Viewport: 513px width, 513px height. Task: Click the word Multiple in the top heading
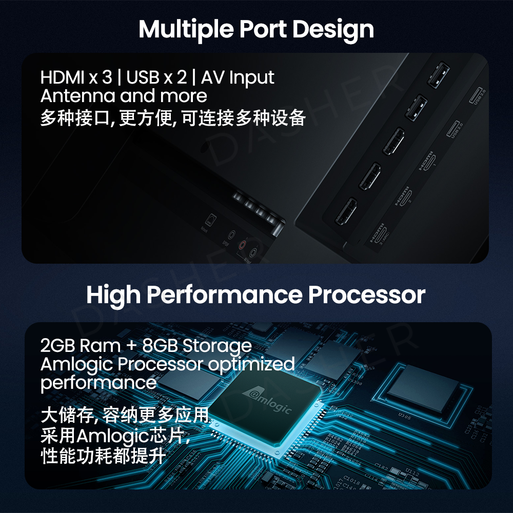[186, 30]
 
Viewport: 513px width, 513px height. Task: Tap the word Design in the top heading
[333, 30]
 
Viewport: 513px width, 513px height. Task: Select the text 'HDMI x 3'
[76, 77]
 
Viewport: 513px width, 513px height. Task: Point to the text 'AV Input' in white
[238, 78]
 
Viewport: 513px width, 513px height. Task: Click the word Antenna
[78, 96]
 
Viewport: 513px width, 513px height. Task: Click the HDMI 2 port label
[403, 196]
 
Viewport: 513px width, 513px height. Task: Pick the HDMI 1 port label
[427, 161]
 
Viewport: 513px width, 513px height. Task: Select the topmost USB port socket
[439, 75]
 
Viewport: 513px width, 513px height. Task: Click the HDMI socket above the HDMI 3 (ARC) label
[346, 211]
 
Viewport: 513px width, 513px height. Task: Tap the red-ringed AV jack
[243, 245]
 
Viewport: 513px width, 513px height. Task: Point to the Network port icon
[210, 219]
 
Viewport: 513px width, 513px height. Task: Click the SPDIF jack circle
[231, 234]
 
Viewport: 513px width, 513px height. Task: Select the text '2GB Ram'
[81, 345]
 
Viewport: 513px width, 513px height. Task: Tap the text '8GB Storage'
[197, 346]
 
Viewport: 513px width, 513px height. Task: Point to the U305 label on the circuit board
[405, 416]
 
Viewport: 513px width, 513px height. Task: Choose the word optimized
[251, 365]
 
